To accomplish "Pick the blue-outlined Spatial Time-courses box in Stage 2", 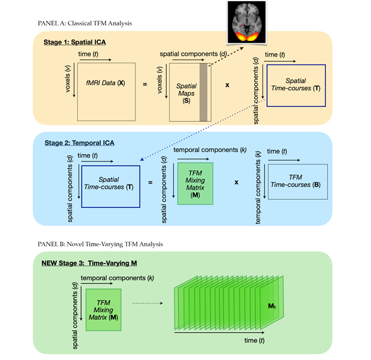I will point(109,182).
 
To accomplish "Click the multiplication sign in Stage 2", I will point(236,182).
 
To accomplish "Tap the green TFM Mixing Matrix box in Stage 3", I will point(103,304).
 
